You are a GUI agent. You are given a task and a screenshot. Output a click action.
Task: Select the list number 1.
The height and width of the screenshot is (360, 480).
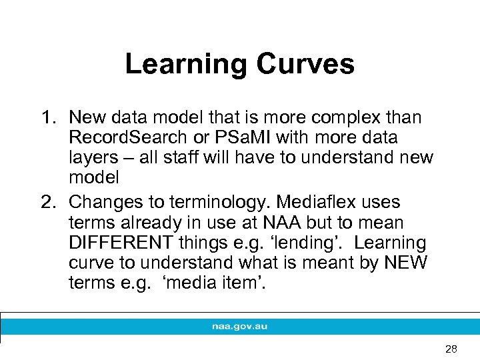click(46, 118)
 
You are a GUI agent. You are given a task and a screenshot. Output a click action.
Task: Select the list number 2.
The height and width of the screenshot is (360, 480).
click(46, 201)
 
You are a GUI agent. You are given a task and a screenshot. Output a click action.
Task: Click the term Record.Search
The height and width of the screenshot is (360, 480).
click(130, 138)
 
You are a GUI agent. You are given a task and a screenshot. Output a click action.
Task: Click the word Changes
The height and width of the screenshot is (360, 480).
click(104, 201)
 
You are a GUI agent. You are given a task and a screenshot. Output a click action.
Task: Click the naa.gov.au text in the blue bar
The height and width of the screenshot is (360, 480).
click(240, 327)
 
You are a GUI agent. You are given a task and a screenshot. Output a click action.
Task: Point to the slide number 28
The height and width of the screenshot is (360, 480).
click(451, 349)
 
